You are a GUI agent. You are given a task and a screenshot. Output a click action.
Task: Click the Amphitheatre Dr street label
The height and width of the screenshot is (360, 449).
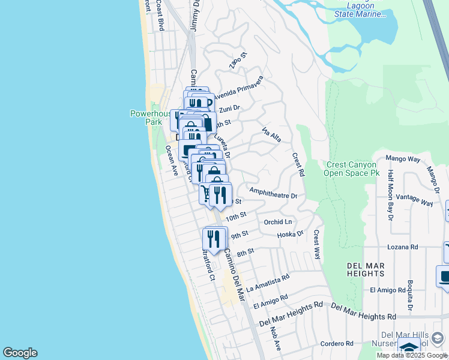point(273,196)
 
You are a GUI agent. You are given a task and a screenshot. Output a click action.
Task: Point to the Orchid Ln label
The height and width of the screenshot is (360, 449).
point(277,221)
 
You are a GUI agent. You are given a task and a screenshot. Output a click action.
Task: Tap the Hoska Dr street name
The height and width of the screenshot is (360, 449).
point(291,234)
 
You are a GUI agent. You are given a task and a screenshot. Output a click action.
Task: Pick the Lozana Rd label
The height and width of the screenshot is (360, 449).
point(402,247)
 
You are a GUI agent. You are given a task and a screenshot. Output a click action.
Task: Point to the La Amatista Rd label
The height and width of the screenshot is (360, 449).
point(268,280)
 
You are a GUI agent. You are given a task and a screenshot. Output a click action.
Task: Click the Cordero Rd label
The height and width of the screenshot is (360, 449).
point(336,343)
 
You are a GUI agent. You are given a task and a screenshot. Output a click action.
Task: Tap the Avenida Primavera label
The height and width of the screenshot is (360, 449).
point(238,87)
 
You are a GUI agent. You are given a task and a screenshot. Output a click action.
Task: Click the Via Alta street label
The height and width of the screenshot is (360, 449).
point(271,135)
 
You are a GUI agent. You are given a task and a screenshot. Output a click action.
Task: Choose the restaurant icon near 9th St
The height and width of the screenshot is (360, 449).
point(214,239)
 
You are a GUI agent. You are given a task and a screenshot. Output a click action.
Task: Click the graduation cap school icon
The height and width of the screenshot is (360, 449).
point(409,347)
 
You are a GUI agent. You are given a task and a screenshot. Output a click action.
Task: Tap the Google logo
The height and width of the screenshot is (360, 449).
point(20,353)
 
